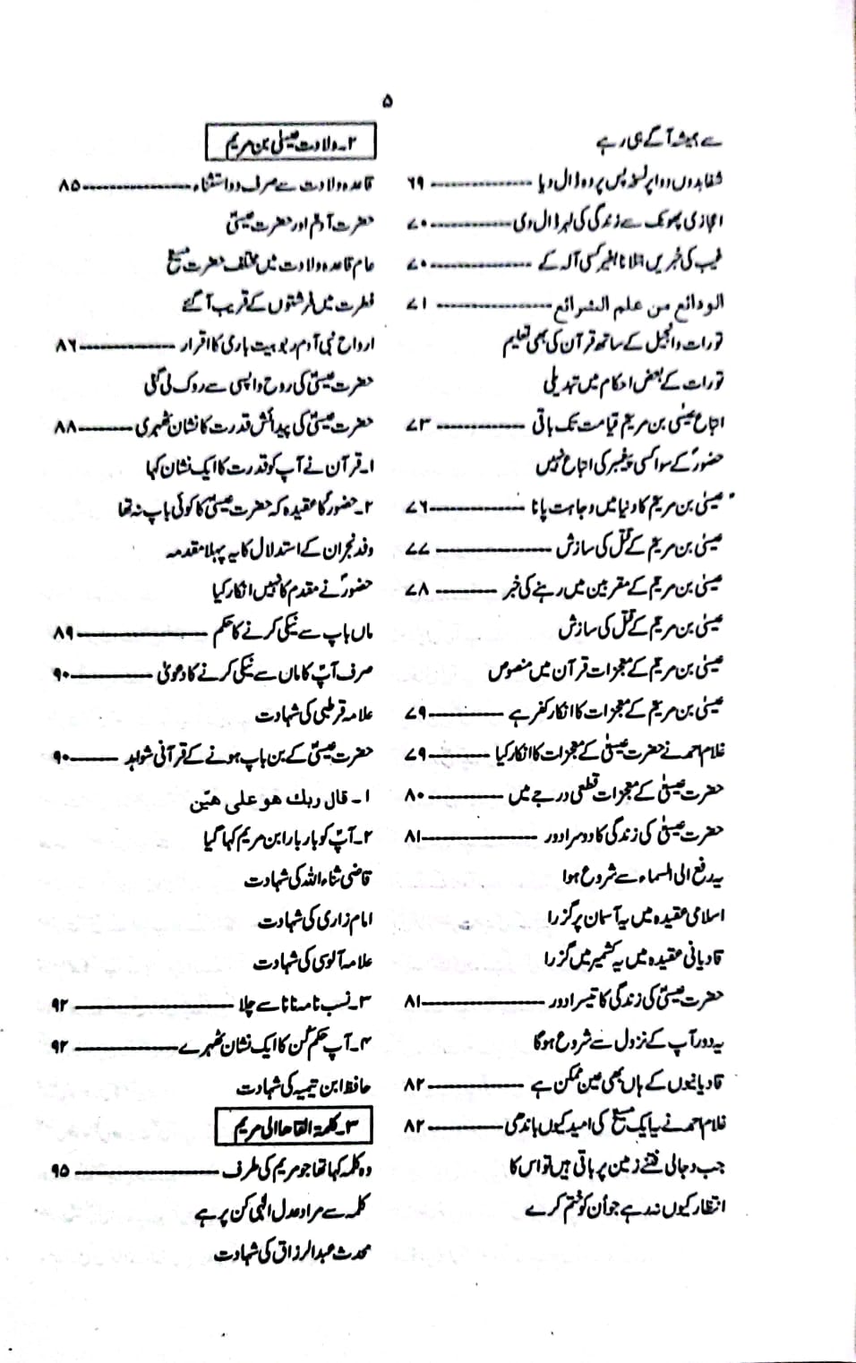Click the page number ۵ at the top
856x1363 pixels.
coord(387,101)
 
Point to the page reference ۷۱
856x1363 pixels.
coord(416,304)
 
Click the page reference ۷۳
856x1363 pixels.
coord(417,424)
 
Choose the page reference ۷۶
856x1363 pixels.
coord(416,507)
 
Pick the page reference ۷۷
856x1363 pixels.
coord(417,548)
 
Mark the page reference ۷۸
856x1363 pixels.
coord(418,589)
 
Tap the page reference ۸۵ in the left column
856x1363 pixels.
coord(67,185)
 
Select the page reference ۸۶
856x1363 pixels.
coord(66,344)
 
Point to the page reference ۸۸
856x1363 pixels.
coord(65,427)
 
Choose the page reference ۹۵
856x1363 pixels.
coord(61,1170)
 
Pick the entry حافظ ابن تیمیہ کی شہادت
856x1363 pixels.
coord(304,1087)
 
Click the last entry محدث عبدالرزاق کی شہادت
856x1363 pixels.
coord(293,1252)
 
